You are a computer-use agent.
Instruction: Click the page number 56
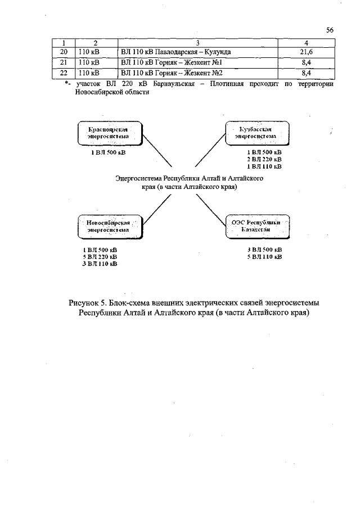point(330,30)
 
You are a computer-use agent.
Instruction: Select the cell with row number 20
point(64,52)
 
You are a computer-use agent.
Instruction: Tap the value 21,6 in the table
point(307,52)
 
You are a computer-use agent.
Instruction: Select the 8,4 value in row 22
point(307,73)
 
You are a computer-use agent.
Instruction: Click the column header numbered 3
point(198,43)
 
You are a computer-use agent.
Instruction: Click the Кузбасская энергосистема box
point(256,133)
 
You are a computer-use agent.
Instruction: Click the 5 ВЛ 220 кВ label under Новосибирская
point(100,256)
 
